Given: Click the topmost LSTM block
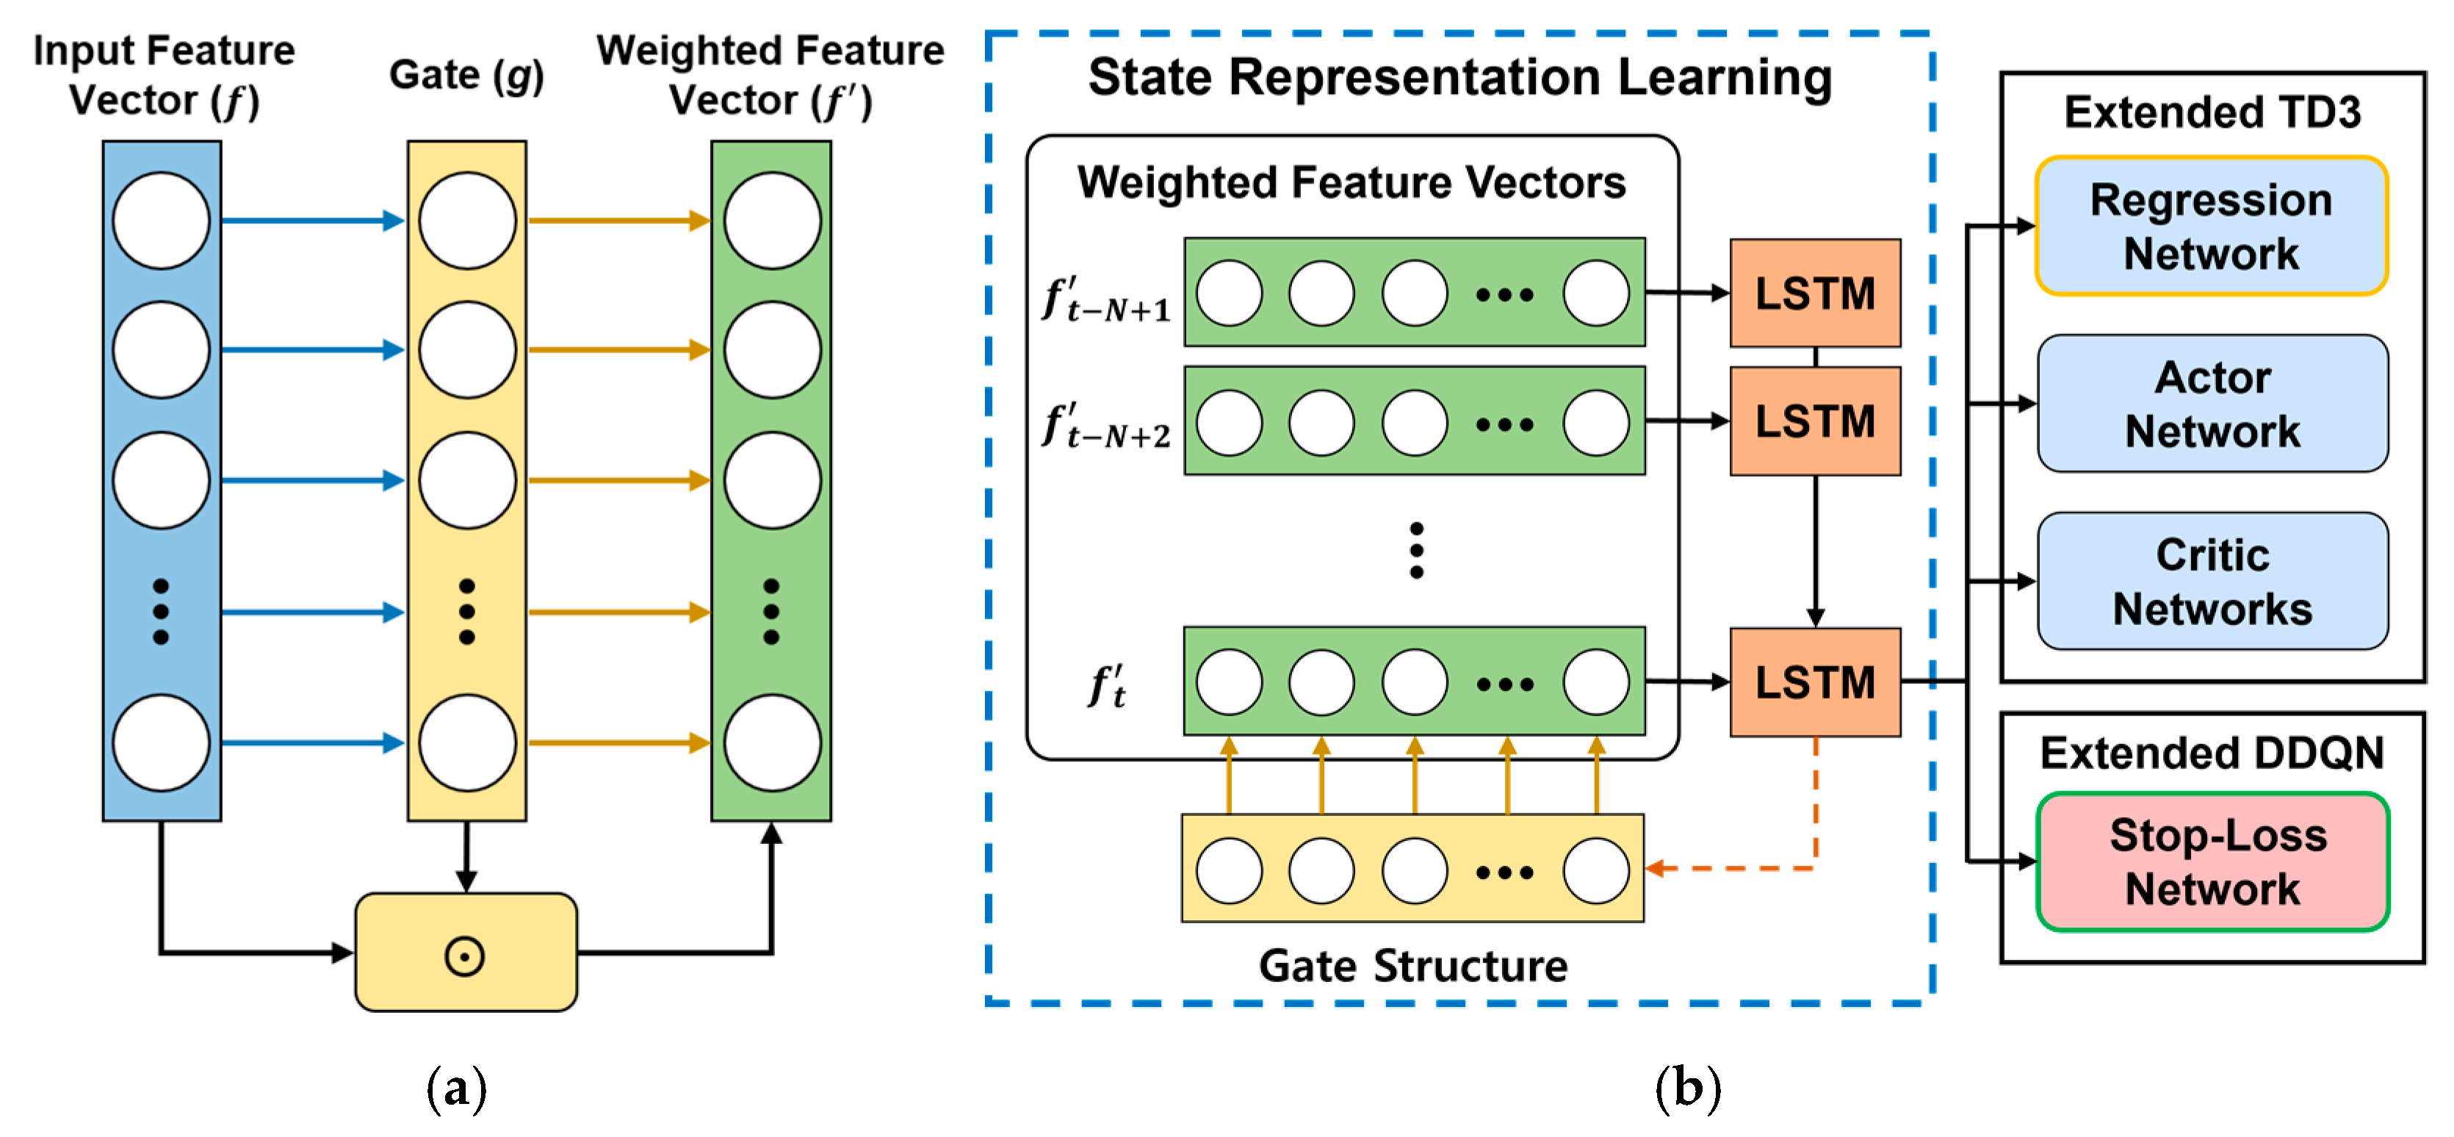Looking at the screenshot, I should click(x=1815, y=293).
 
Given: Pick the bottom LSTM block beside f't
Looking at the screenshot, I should click(x=1815, y=682).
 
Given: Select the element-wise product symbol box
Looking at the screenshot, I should click(x=466, y=952).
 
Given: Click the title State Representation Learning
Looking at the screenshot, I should click(x=1459, y=78).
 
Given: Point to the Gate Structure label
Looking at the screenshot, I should click(x=1412, y=966).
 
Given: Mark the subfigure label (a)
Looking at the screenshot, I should click(x=456, y=1088).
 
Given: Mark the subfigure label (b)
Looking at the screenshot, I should click(x=1687, y=1088).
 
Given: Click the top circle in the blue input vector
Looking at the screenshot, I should click(x=161, y=221).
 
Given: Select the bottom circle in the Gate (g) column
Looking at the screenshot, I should click(x=467, y=743).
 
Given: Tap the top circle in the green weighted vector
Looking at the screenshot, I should click(x=772, y=221).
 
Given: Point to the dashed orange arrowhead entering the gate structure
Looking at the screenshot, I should click(x=1656, y=868).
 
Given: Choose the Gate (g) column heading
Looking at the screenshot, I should click(x=466, y=75).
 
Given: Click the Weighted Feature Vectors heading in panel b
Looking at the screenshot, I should click(x=1351, y=182).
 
